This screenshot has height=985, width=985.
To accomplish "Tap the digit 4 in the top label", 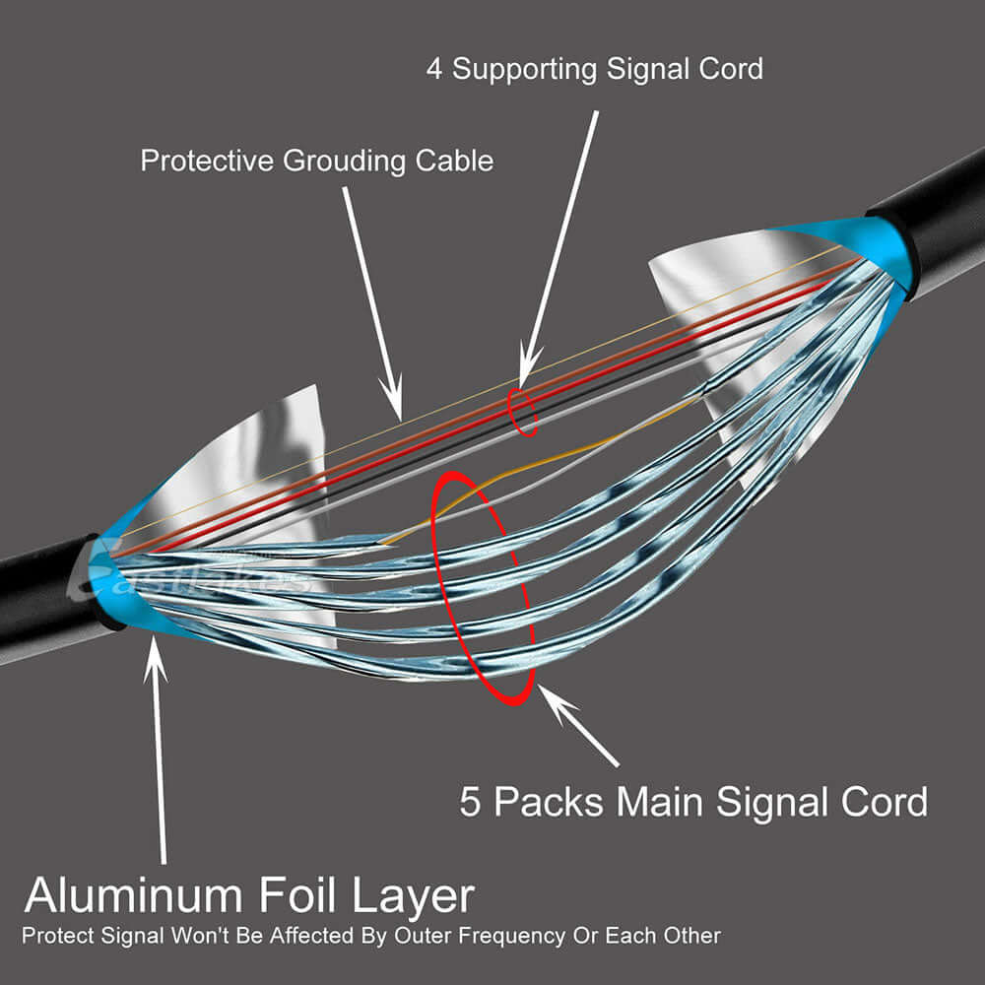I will click(434, 69).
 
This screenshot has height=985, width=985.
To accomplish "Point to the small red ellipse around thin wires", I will click(523, 412).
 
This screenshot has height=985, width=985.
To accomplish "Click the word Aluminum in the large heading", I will click(134, 896).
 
